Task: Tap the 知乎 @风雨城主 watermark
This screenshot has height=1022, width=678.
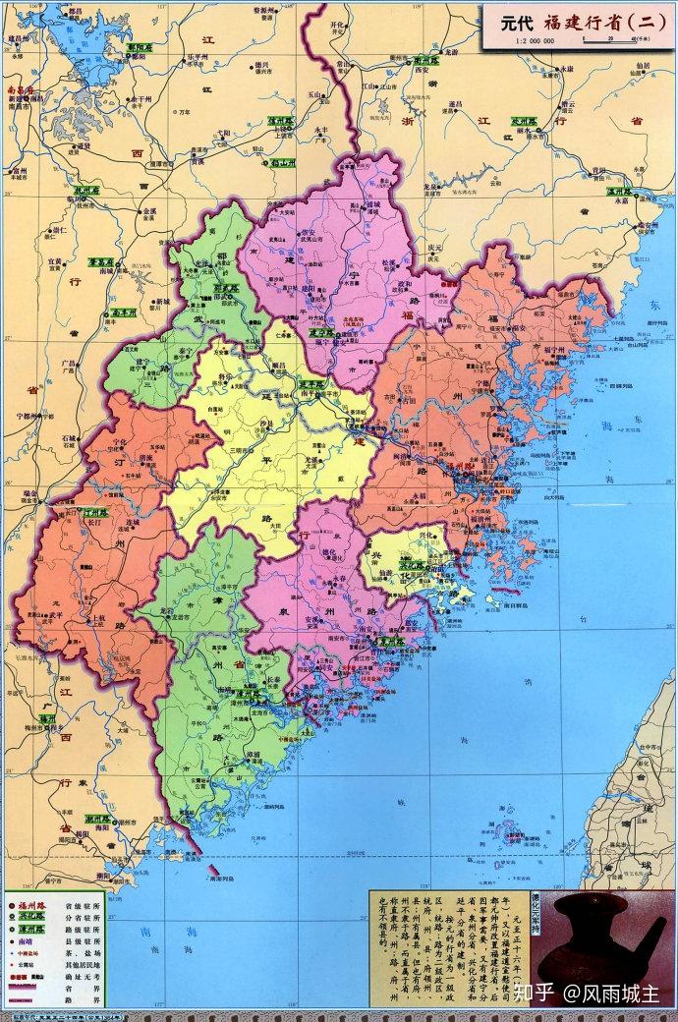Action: point(594,992)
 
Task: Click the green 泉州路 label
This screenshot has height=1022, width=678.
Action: point(389,640)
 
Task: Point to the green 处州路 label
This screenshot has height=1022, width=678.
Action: point(531,116)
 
